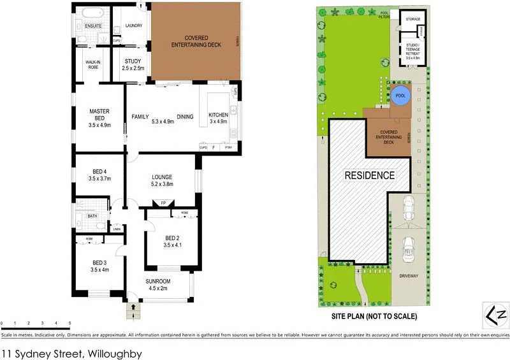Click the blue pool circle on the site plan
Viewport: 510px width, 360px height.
coord(400,96)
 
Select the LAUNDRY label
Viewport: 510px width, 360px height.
coord(133,25)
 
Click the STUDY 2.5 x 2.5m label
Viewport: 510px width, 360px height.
coord(133,64)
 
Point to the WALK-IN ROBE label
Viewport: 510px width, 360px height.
coord(94,64)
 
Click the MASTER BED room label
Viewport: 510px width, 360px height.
coord(100,118)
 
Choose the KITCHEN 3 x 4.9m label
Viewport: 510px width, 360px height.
coord(218,118)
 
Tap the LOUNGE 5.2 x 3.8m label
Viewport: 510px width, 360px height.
coord(163,180)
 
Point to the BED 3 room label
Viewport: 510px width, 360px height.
coord(100,266)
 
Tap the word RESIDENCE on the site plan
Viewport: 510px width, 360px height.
coord(370,175)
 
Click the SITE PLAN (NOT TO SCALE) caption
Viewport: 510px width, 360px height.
coord(374,316)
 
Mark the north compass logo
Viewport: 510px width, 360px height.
coord(494,315)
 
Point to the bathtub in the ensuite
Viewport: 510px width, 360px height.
coord(87,12)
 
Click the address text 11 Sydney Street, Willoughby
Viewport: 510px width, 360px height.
coord(71,352)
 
